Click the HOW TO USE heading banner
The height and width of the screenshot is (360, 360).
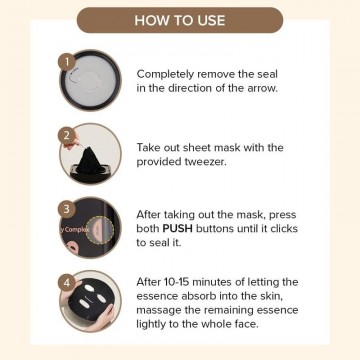pyautogui.click(x=180, y=20)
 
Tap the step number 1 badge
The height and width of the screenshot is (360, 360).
pyautogui.click(x=68, y=60)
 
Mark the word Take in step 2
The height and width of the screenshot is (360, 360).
pyautogui.click(x=151, y=148)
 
